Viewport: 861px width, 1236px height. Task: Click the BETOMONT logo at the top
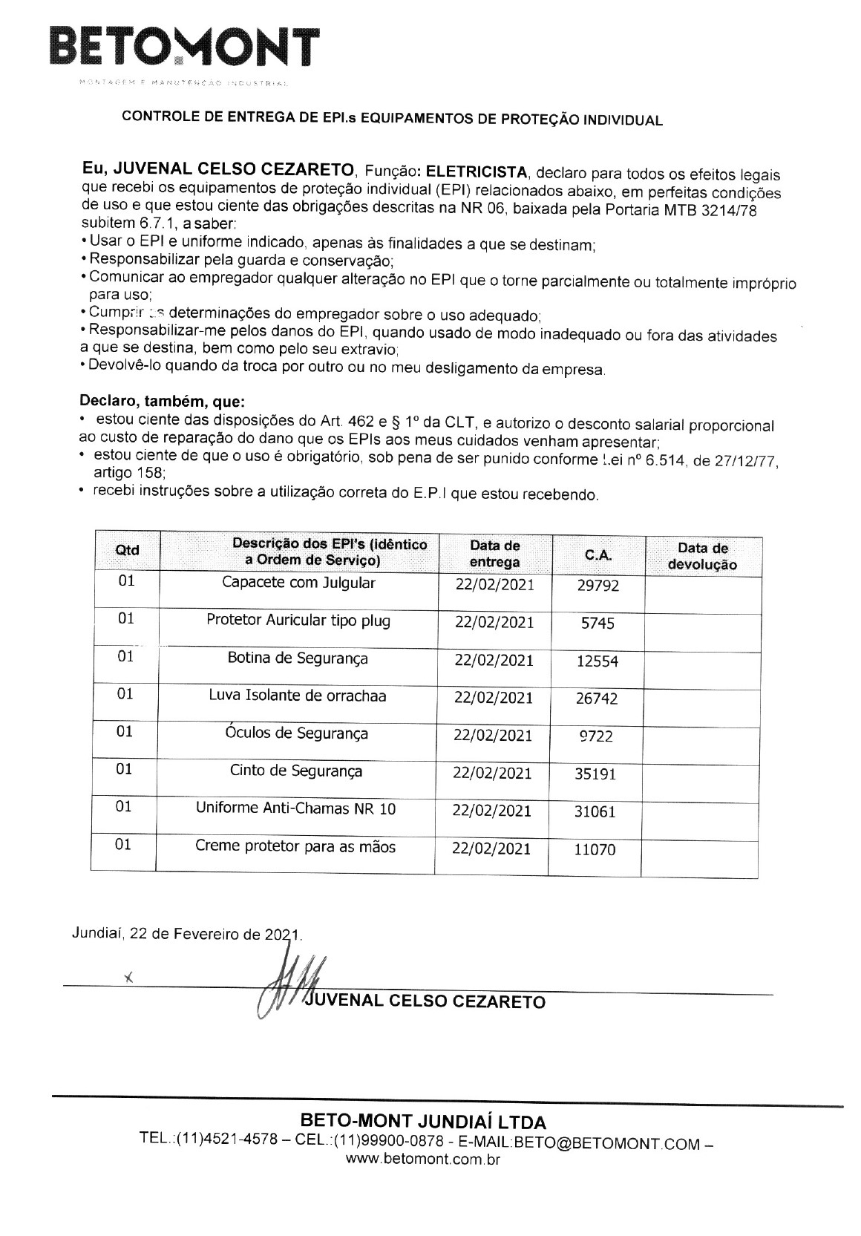click(183, 47)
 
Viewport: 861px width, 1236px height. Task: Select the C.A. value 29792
click(598, 586)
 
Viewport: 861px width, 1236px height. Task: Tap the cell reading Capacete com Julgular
click(298, 582)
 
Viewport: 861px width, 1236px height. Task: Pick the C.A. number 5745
click(598, 624)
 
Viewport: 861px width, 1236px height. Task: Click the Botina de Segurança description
click(298, 658)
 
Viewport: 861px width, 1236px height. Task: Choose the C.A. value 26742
click(597, 699)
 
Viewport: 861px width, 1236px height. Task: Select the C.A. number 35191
click(595, 774)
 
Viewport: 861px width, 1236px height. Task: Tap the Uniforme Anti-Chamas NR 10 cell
click(295, 808)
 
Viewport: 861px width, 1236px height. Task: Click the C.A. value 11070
click(595, 850)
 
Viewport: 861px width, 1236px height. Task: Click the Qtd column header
click(127, 550)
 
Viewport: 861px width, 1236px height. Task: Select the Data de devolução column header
click(702, 556)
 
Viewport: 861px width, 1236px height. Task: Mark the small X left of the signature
click(128, 978)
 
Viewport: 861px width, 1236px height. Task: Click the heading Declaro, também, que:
click(161, 402)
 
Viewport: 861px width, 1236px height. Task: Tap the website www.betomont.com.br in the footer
click(423, 1160)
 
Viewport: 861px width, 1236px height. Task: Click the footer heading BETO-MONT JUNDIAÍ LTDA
click(422, 1120)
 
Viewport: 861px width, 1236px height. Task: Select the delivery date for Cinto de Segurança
click(493, 773)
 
